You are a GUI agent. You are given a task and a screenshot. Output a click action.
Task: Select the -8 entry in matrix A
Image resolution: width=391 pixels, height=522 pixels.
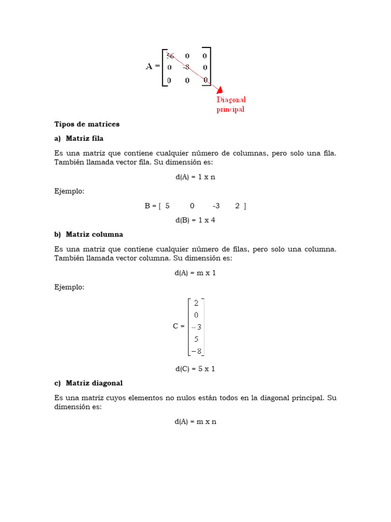tap(186, 67)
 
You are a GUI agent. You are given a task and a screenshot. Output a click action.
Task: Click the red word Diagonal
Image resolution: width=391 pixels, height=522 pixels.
tap(231, 100)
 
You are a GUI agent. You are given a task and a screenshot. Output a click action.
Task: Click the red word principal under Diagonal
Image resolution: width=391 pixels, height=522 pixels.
tap(231, 110)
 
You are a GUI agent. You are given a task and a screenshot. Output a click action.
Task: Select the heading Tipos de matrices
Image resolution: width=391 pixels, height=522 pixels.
tap(87, 124)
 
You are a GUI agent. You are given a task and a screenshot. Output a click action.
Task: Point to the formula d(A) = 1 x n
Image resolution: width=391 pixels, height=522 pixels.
tap(195, 177)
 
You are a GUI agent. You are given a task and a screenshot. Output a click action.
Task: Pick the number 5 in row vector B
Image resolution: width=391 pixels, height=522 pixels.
tap(167, 206)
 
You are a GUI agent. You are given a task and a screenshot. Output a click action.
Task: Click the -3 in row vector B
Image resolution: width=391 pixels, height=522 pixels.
tap(216, 206)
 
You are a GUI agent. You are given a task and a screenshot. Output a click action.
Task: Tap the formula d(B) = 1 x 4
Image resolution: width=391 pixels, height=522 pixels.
tap(195, 220)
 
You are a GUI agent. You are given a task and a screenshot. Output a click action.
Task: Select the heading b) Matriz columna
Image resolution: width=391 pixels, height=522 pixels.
tap(89, 234)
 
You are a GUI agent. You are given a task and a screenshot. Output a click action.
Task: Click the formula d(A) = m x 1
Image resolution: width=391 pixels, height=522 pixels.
tap(195, 273)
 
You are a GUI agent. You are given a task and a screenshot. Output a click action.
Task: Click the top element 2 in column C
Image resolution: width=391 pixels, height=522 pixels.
tap(196, 303)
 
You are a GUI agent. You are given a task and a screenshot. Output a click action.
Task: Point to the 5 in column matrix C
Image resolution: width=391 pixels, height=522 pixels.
tap(196, 338)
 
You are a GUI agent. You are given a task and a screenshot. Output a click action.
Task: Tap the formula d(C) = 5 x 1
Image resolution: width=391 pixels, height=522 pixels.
tap(195, 369)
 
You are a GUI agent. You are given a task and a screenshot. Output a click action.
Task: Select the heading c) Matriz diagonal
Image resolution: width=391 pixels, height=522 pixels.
tap(89, 383)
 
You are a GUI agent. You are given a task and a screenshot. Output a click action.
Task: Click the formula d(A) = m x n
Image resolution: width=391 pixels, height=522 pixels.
tap(195, 422)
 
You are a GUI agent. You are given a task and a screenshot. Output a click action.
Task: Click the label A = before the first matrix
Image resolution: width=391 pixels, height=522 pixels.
tap(152, 66)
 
